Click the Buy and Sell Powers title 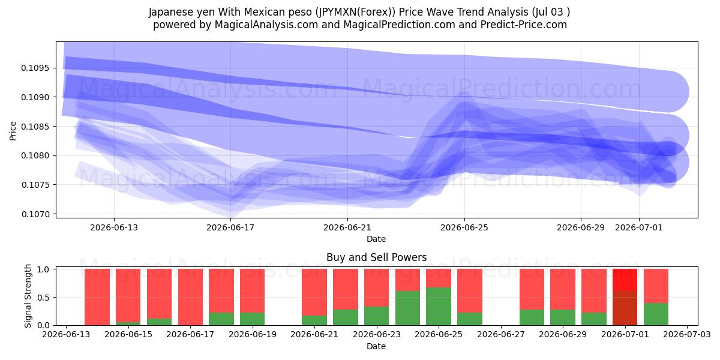[x=376, y=257]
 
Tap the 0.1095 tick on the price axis [x=35, y=68]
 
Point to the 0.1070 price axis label [x=35, y=214]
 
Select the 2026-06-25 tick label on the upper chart [x=464, y=227]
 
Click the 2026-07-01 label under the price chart [x=638, y=227]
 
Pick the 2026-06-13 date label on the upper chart [x=114, y=227]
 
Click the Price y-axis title [x=13, y=131]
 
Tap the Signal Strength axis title [x=28, y=296]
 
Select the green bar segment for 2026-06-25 [x=439, y=307]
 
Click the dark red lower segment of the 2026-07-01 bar [x=625, y=308]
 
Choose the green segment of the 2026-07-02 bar [x=656, y=314]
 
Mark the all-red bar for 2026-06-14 [x=97, y=297]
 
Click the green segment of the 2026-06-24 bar [x=407, y=308]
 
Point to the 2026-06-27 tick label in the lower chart [x=501, y=334]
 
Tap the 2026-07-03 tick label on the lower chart [x=687, y=334]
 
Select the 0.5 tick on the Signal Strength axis [x=43, y=298]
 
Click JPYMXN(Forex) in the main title [x=355, y=12]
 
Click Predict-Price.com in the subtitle [x=524, y=25]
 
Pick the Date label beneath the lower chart [x=376, y=346]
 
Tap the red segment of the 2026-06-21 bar [x=314, y=292]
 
